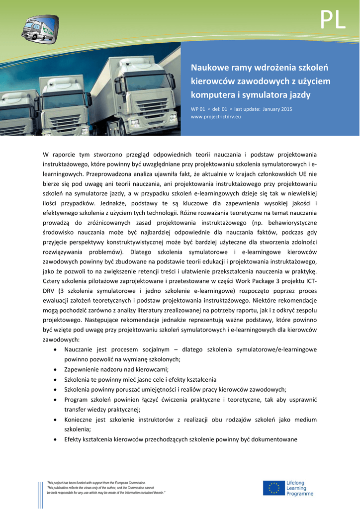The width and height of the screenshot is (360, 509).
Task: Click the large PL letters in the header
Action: coord(333,20)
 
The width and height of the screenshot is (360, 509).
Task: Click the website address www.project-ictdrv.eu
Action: coord(216,116)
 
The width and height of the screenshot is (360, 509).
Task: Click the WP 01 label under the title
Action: coord(198,109)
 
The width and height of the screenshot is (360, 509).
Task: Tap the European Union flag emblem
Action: coord(273,488)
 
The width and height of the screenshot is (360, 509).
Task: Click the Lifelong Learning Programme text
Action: coord(299,488)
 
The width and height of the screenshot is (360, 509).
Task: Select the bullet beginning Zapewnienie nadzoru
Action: coord(116,369)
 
